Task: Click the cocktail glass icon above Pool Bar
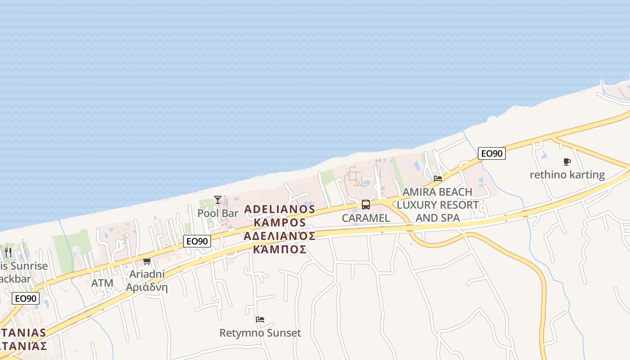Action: click(218, 199)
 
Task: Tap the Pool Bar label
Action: click(218, 213)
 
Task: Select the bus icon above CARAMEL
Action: click(366, 205)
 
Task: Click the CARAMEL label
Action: click(366, 218)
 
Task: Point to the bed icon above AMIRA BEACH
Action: click(438, 179)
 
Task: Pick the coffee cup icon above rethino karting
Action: click(567, 162)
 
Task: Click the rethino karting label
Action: click(567, 175)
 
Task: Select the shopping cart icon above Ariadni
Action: click(147, 261)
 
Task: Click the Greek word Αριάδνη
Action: click(147, 288)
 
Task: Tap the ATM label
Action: click(102, 283)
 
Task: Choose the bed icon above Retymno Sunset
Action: click(260, 319)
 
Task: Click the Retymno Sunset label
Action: click(260, 333)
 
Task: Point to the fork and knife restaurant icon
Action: click(8, 252)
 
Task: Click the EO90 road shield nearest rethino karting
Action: click(491, 153)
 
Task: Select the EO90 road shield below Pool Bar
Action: click(197, 241)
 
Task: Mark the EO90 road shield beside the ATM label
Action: click(26, 298)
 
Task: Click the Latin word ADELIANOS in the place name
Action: click(279, 209)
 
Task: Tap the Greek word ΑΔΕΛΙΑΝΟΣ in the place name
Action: click(279, 236)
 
